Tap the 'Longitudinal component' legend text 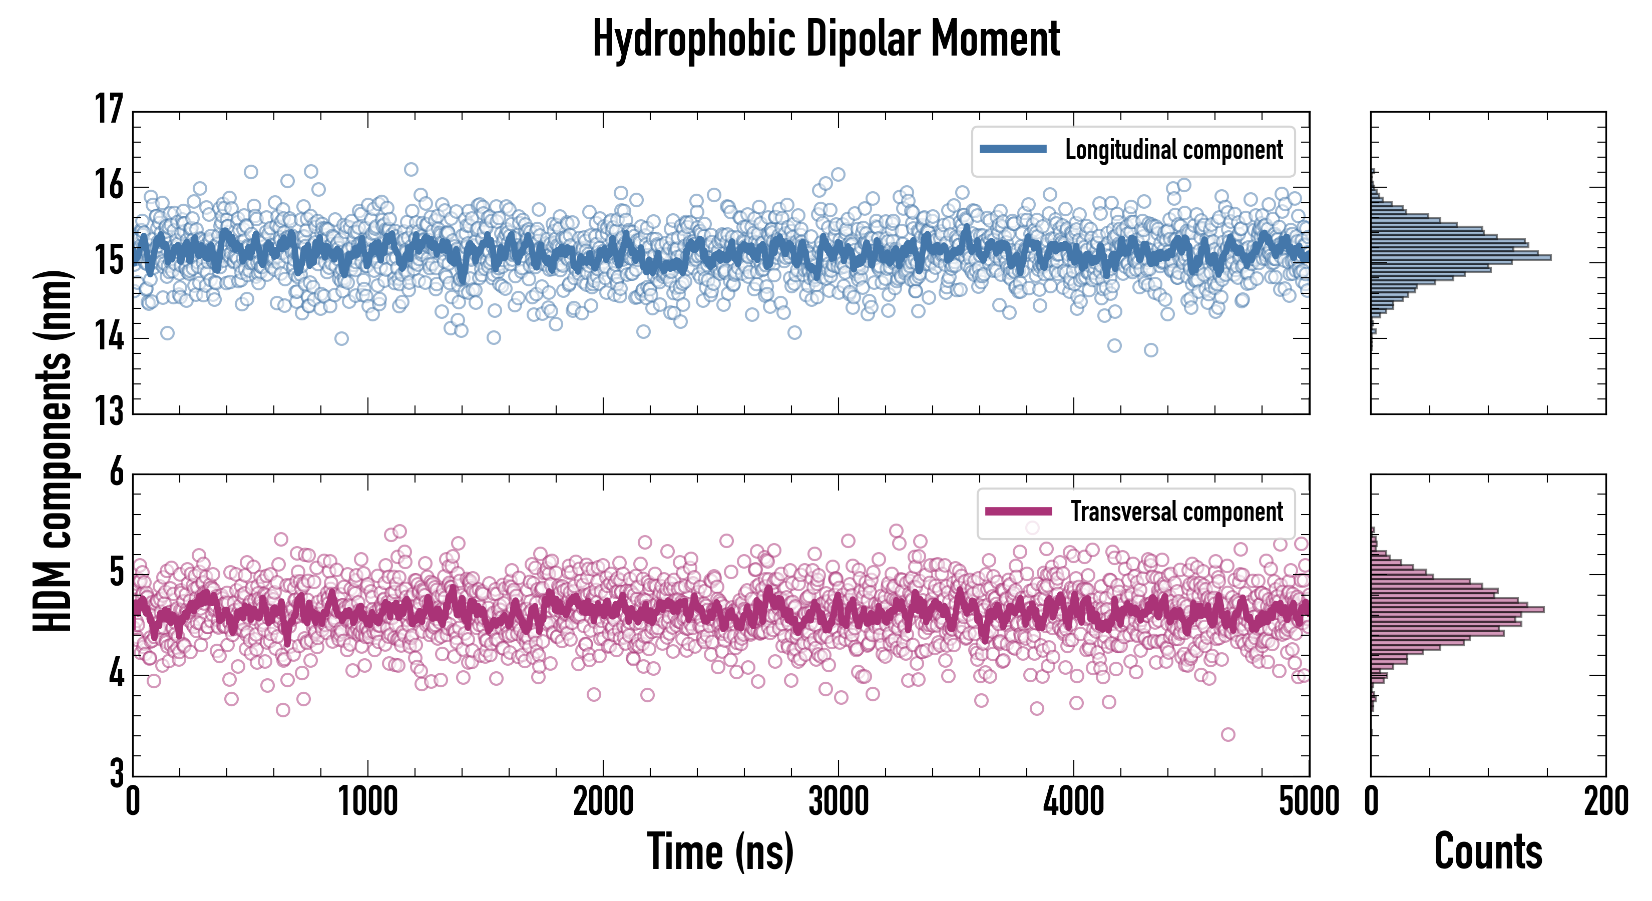[x=1173, y=150]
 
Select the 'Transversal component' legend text [x=1177, y=512]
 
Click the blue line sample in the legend [x=1013, y=150]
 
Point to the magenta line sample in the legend [x=1018, y=511]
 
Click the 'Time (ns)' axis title [x=720, y=851]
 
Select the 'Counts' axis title [x=1488, y=851]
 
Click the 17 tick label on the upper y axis [x=109, y=109]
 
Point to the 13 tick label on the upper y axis [x=109, y=410]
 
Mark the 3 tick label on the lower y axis [x=117, y=773]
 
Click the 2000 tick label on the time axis [x=603, y=801]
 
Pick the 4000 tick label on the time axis [x=1073, y=801]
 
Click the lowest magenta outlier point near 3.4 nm [x=1228, y=734]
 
